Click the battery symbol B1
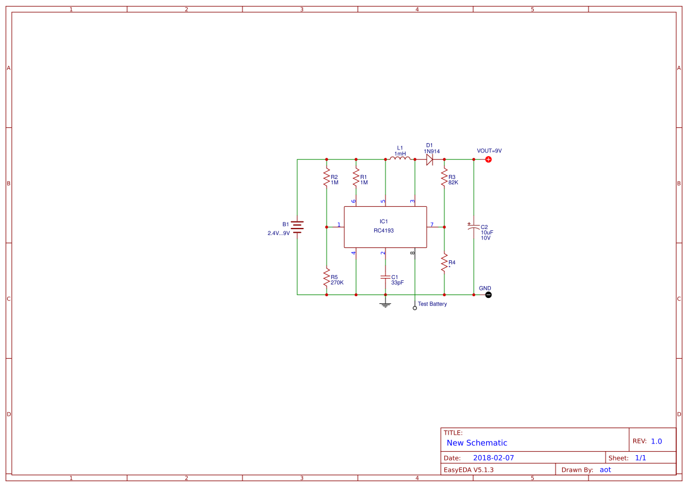[297, 227]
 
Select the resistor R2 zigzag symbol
[327, 177]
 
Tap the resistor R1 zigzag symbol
[356, 177]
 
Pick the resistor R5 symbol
[327, 277]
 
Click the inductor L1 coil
[400, 158]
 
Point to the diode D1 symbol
[430, 160]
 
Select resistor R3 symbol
[444, 177]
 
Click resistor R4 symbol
[444, 262]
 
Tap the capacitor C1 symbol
[385, 277]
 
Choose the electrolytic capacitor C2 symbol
[473, 227]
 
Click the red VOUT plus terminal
[488, 160]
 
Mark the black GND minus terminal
[488, 294]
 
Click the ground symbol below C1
[385, 304]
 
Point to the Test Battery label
[432, 304]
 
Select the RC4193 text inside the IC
[384, 231]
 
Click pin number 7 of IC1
[432, 224]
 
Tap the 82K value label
[453, 182]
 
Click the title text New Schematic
[477, 443]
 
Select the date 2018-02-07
[493, 458]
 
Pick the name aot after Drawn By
[606, 469]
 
